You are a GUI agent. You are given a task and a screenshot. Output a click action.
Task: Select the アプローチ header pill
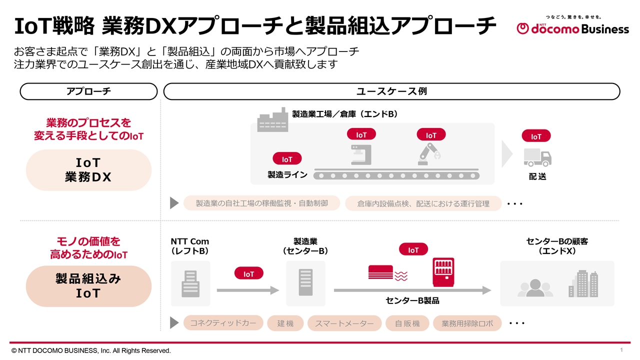(x=88, y=91)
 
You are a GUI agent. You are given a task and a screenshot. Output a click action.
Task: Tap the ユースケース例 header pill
(x=391, y=91)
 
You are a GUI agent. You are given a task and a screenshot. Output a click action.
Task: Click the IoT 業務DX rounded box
(x=88, y=170)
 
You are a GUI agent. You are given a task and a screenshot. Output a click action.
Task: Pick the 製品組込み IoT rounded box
(x=88, y=286)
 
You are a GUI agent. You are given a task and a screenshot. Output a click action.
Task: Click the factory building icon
(x=272, y=120)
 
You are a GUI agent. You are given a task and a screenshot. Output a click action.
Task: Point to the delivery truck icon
(x=537, y=157)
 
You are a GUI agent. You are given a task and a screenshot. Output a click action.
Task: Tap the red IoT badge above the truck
(x=536, y=136)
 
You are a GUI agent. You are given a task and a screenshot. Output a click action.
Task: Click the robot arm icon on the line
(x=429, y=153)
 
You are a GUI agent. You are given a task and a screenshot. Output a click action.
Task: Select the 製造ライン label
(x=287, y=175)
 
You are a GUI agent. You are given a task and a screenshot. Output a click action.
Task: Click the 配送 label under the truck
(x=537, y=176)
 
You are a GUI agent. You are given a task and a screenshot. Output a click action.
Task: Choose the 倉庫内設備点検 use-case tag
(x=423, y=203)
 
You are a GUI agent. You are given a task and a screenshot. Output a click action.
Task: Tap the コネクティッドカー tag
(x=223, y=323)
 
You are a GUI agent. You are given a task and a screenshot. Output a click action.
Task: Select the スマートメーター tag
(x=344, y=323)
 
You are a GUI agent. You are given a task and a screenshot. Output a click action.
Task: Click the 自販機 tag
(x=407, y=323)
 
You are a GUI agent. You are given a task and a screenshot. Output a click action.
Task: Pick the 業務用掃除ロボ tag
(x=467, y=323)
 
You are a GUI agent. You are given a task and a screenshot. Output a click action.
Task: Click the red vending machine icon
(x=443, y=272)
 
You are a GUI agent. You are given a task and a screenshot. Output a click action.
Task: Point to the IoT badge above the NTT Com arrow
(x=248, y=273)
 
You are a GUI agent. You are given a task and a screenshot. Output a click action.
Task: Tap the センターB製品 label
(x=412, y=300)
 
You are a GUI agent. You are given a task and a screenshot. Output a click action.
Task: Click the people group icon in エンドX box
(x=535, y=288)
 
